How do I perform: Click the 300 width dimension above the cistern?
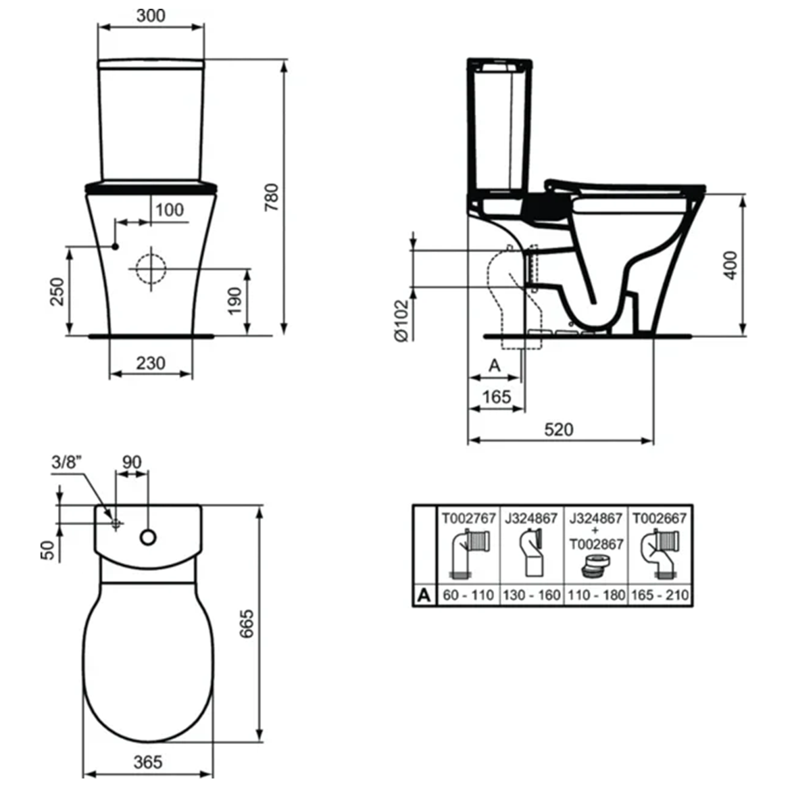[150, 15]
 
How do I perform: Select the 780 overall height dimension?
[271, 197]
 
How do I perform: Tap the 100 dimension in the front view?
[169, 209]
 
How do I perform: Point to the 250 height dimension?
[58, 291]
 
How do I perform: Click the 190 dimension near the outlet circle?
[234, 301]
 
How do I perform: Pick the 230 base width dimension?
[150, 364]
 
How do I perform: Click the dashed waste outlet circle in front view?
[150, 269]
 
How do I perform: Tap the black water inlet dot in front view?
[116, 246]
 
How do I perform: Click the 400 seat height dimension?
[731, 265]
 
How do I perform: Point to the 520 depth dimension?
[558, 429]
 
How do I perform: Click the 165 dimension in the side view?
[497, 397]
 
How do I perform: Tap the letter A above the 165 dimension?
[495, 366]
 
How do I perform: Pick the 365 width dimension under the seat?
[147, 762]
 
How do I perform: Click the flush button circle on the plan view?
[148, 538]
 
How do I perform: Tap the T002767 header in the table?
[468, 518]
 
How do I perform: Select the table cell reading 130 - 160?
[532, 595]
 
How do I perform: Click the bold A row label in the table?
[424, 595]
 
